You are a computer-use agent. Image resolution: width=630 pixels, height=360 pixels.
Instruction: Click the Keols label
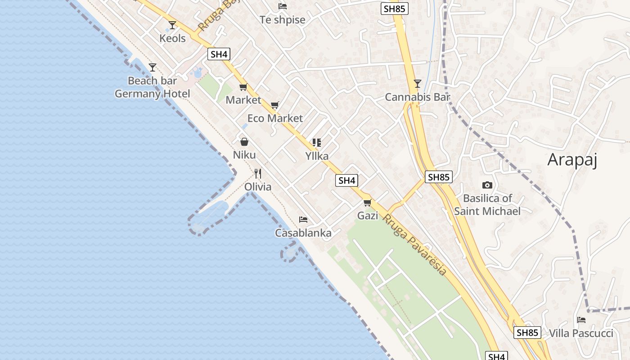tap(172, 38)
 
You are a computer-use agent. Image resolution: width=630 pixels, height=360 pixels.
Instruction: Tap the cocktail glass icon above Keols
tap(172, 25)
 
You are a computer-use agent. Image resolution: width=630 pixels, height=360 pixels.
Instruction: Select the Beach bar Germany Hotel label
tap(153, 87)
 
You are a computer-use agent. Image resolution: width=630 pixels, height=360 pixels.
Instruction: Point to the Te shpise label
tap(283, 20)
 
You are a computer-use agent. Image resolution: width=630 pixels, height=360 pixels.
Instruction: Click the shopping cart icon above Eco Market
tap(274, 105)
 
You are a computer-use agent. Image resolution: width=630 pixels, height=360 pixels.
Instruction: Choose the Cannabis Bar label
tap(418, 97)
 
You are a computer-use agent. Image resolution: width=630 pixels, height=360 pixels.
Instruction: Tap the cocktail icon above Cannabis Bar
tap(418, 84)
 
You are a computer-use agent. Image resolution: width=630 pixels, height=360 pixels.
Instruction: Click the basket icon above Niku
tap(244, 142)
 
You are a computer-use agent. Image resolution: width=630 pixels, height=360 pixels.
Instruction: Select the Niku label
tap(244, 155)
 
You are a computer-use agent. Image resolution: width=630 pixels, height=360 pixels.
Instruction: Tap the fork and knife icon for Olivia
tap(258, 174)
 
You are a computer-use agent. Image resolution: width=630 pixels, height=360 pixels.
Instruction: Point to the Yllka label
tap(317, 156)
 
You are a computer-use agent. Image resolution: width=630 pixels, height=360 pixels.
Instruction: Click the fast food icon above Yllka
tap(317, 143)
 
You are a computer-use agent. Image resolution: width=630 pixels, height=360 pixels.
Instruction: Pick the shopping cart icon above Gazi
tap(368, 203)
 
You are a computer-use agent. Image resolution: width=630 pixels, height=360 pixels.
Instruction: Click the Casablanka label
tap(303, 233)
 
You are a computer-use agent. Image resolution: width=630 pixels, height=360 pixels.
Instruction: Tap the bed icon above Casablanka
tap(303, 220)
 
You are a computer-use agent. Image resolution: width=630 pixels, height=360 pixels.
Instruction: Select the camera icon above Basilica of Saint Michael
tap(487, 185)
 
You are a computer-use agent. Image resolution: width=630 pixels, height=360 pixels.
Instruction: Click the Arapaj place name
tap(572, 160)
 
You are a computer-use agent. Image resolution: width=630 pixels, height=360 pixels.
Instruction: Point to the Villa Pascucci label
tap(581, 333)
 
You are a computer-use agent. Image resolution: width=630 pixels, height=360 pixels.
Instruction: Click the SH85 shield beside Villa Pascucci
tap(527, 333)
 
